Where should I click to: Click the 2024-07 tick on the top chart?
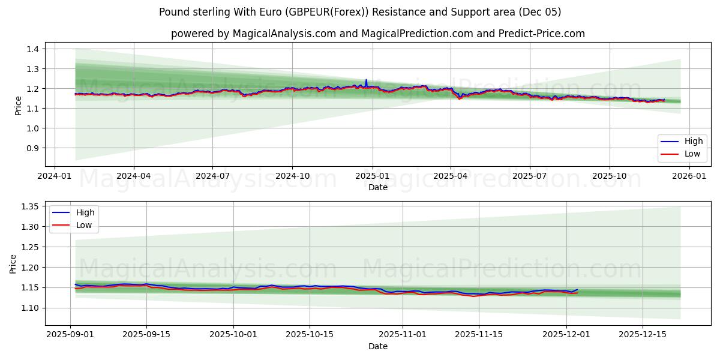pyautogui.click(x=212, y=176)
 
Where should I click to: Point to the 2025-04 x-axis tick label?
pyautogui.click(x=451, y=176)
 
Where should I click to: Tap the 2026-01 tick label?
pyautogui.click(x=689, y=176)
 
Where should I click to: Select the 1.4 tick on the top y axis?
pyautogui.click(x=33, y=49)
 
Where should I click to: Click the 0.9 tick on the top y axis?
pyautogui.click(x=33, y=148)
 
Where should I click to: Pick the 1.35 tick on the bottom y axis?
pyautogui.click(x=30, y=206)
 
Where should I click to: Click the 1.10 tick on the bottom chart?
pyautogui.click(x=30, y=308)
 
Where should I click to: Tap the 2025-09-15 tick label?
pyautogui.click(x=146, y=335)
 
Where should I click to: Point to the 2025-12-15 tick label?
pyautogui.click(x=643, y=335)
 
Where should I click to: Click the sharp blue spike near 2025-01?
pyautogui.click(x=366, y=80)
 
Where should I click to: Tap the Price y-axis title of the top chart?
pyautogui.click(x=18, y=106)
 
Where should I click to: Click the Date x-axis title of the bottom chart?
pyautogui.click(x=378, y=346)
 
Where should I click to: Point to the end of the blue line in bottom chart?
pyautogui.click(x=577, y=290)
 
